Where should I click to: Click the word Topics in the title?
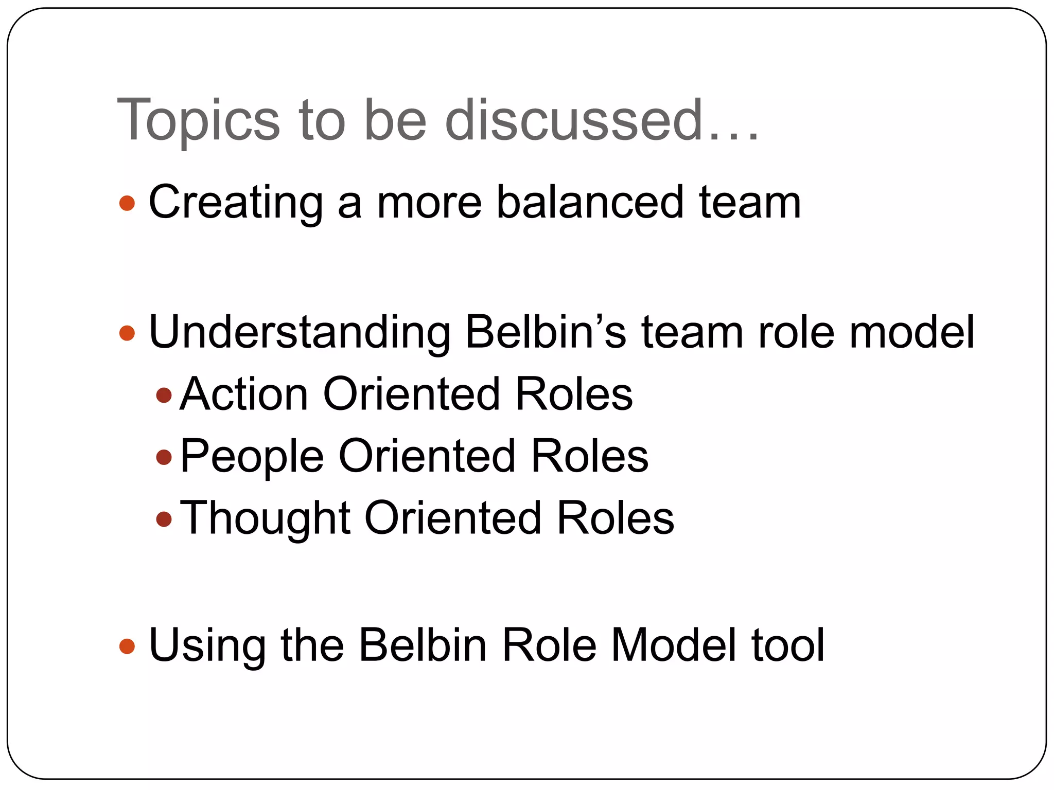(199, 121)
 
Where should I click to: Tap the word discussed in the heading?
(574, 120)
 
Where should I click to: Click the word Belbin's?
(546, 332)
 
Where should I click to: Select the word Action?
(244, 394)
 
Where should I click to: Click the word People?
(252, 456)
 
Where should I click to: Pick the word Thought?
(265, 518)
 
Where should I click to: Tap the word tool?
(788, 644)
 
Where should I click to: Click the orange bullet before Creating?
(127, 203)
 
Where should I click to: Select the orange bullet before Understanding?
(127, 333)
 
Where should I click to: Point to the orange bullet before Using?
(127, 646)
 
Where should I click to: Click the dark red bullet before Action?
(164, 395)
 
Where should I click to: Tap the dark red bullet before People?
(164, 457)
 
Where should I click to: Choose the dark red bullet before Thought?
(164, 518)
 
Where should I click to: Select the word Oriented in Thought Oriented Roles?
(453, 517)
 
